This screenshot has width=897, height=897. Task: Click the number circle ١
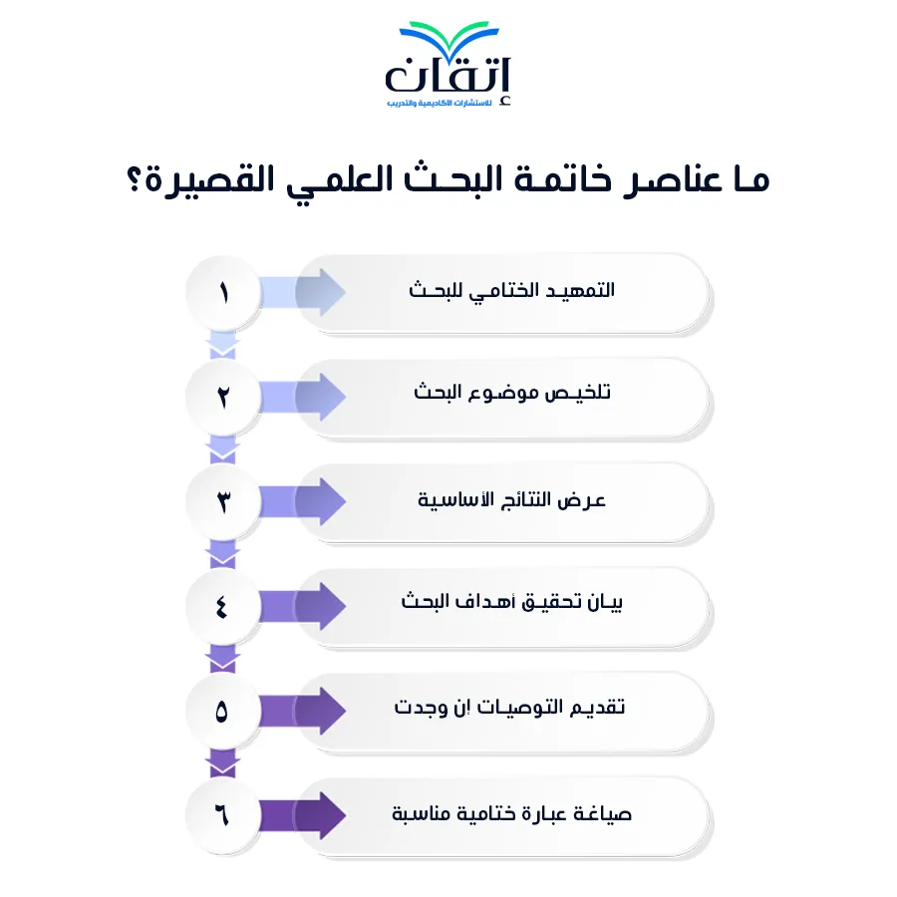click(223, 293)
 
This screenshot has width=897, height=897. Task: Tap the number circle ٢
click(223, 397)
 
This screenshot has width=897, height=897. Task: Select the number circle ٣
click(223, 501)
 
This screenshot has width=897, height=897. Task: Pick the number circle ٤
click(223, 606)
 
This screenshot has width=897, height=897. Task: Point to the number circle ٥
click(223, 711)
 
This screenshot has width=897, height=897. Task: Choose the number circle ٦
click(223, 815)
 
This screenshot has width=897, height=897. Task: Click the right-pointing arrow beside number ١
click(302, 292)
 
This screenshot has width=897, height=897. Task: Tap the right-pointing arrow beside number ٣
click(302, 501)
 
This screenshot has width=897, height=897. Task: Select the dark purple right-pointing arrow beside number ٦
click(302, 815)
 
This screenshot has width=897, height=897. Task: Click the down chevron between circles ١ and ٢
click(223, 345)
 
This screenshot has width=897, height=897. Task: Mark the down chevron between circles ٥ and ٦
click(223, 763)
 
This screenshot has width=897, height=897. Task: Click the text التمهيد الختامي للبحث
click(511, 291)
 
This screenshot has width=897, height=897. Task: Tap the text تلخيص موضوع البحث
click(512, 393)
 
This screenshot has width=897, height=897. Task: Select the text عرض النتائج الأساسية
click(511, 500)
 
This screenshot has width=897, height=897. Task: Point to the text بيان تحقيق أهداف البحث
click(511, 602)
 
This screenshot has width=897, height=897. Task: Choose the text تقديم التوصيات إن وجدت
click(509, 707)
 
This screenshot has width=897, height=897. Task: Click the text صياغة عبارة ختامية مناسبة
click(511, 813)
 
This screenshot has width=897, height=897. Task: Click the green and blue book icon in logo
click(449, 39)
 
